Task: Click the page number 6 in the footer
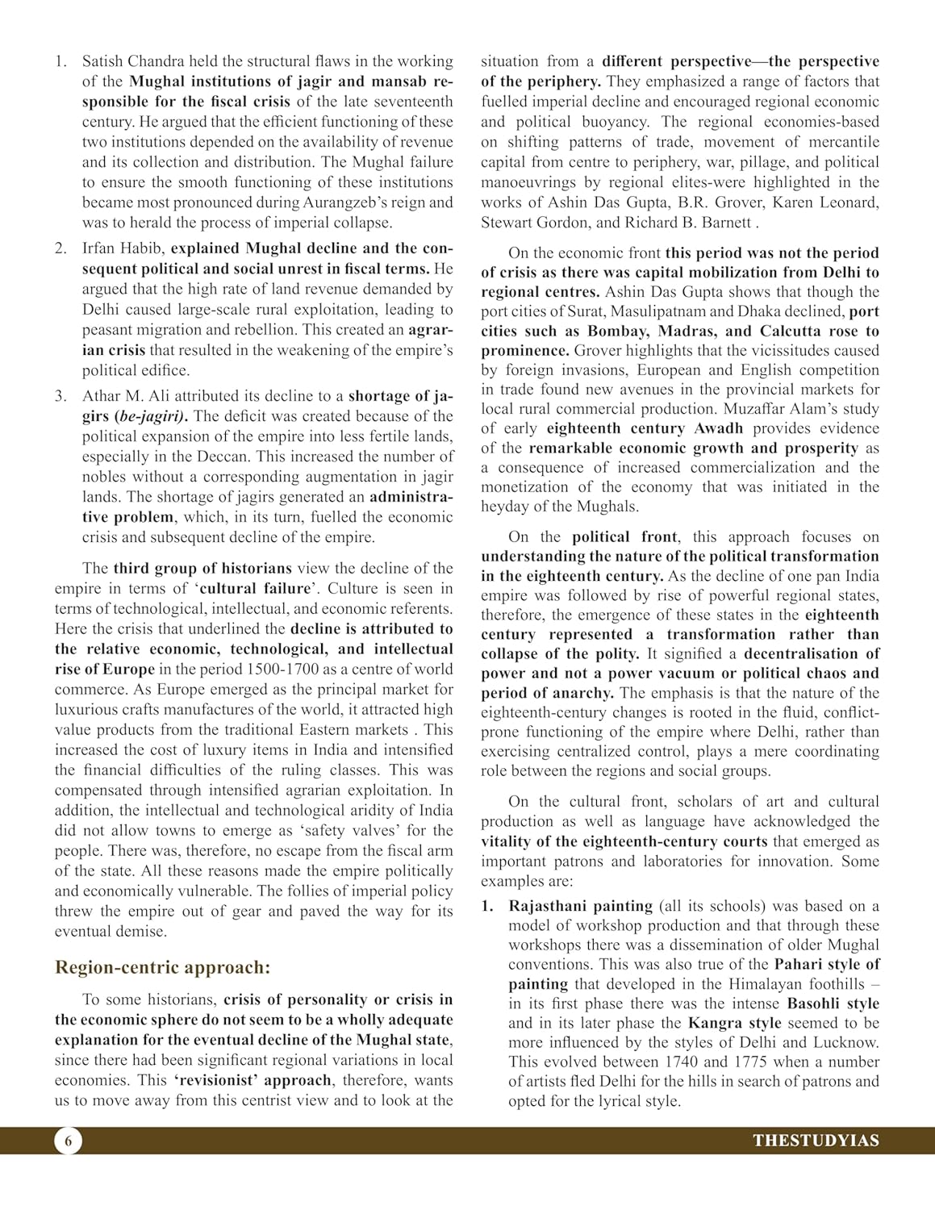pos(69,1141)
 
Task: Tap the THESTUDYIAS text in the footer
pos(816,1141)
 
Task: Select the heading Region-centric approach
pos(162,967)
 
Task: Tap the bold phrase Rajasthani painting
pos(580,906)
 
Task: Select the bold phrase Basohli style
pos(833,1003)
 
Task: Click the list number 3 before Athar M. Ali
pos(61,396)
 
